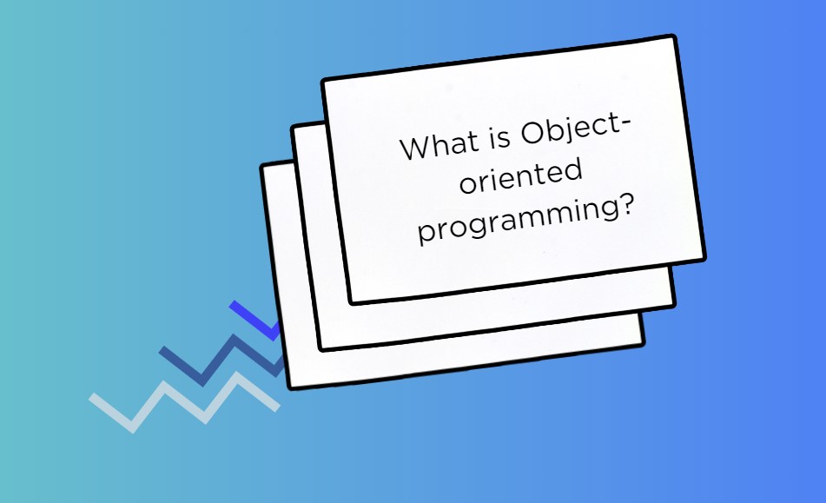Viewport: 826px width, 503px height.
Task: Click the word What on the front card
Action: click(x=439, y=145)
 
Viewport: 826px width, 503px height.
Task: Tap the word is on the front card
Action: click(x=500, y=137)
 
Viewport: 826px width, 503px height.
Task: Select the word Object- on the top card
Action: click(x=575, y=130)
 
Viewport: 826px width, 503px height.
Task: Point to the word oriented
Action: click(x=521, y=175)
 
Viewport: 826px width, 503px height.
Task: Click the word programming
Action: click(x=519, y=221)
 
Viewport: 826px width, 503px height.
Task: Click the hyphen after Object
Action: click(x=626, y=122)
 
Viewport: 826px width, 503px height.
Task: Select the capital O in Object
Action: click(x=532, y=133)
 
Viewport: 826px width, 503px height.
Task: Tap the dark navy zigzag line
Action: click(x=221, y=359)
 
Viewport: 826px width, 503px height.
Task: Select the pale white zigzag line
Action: click(x=184, y=402)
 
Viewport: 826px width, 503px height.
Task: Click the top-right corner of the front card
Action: click(x=673, y=36)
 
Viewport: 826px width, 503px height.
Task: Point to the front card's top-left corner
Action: click(x=323, y=80)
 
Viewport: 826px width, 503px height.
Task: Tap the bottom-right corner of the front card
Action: click(x=704, y=258)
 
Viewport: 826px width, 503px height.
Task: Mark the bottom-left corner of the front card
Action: click(x=352, y=303)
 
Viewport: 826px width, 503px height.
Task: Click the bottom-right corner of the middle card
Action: click(x=674, y=304)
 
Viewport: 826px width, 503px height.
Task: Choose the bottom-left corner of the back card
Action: click(x=291, y=388)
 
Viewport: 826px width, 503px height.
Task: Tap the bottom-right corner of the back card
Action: click(x=644, y=344)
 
